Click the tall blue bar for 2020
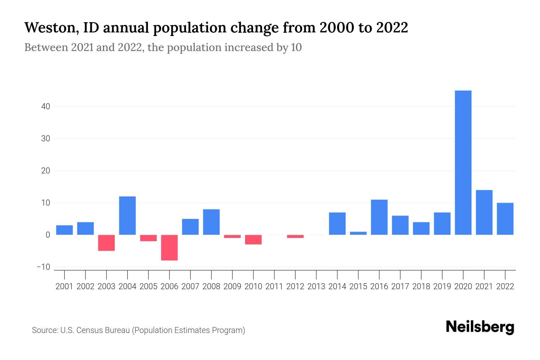463,163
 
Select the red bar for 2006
169,247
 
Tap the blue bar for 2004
127,215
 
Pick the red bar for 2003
106,243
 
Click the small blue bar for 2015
358,233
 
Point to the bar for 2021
484,212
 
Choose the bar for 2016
379,217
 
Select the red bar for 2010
253,240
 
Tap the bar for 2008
211,222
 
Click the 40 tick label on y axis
46,106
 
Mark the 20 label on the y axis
46,171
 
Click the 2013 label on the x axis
316,286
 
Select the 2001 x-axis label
64,286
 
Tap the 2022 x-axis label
505,286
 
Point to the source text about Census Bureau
139,330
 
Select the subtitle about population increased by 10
163,47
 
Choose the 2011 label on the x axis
274,286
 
